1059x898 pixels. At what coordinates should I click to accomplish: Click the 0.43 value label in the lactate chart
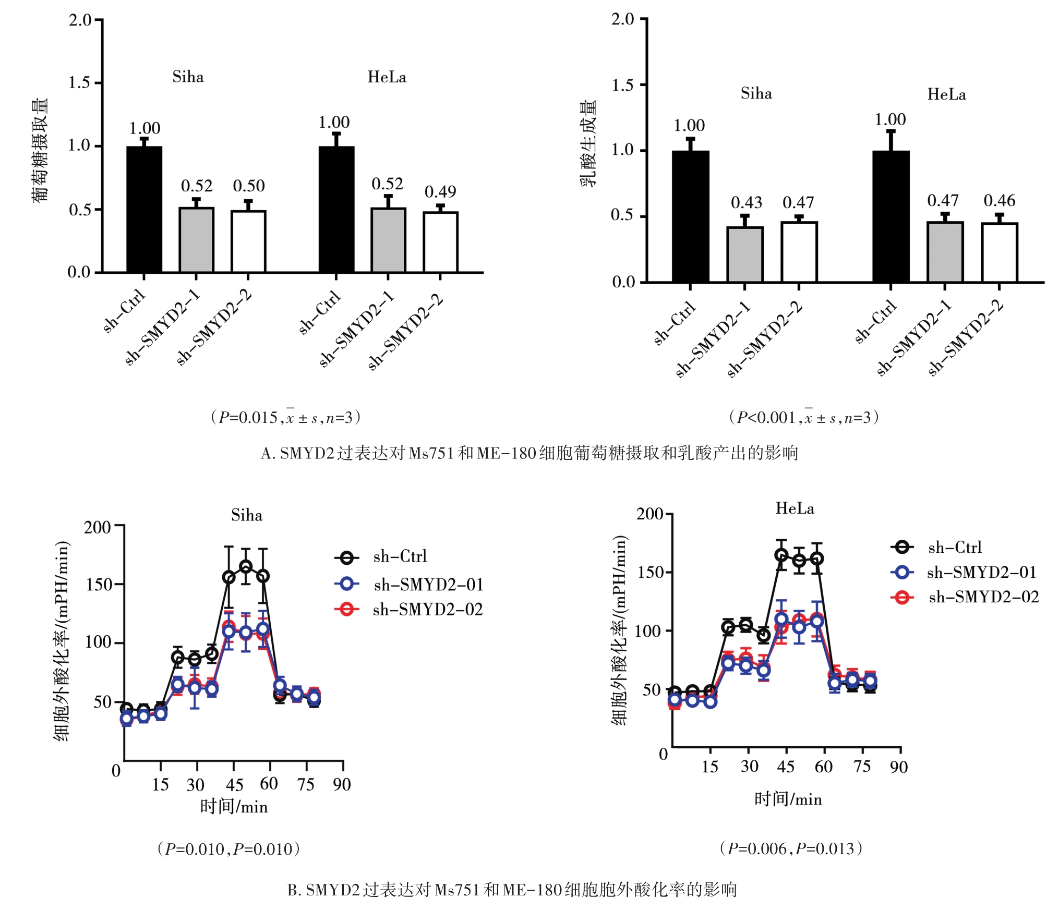click(746, 202)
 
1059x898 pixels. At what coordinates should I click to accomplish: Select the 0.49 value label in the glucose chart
click(440, 192)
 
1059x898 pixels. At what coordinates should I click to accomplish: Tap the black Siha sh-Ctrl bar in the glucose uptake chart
click(145, 209)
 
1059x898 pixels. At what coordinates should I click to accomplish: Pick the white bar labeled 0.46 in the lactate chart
click(999, 253)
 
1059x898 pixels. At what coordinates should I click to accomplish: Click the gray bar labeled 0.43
click(745, 254)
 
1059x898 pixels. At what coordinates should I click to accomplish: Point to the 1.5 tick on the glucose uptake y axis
click(80, 82)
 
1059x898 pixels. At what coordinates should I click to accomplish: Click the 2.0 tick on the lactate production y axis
click(623, 19)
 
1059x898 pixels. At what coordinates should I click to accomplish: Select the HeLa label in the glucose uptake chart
click(387, 77)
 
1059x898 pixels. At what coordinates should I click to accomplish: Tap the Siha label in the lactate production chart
click(756, 94)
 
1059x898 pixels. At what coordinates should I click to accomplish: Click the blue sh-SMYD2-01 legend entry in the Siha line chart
click(410, 585)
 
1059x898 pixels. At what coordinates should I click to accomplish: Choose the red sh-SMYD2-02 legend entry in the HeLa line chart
click(966, 597)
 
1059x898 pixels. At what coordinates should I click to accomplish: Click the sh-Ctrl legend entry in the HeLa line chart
click(937, 547)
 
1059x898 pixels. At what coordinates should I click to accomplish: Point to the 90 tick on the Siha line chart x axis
click(342, 784)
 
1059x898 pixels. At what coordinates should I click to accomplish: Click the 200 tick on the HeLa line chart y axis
click(649, 514)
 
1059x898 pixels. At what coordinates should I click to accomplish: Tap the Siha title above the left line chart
click(247, 515)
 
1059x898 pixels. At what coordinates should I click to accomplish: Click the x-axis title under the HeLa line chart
click(788, 799)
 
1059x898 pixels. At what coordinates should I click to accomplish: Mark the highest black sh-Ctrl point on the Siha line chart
click(246, 566)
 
